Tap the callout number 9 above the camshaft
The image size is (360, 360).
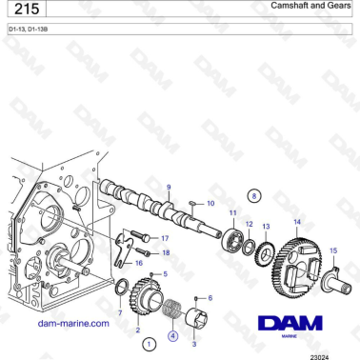pyautogui.click(x=169, y=188)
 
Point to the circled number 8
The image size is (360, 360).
pyautogui.click(x=253, y=194)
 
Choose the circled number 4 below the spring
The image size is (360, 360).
pyautogui.click(x=172, y=335)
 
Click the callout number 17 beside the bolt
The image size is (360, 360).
pyautogui.click(x=165, y=238)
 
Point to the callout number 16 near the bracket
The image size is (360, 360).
pyautogui.click(x=139, y=263)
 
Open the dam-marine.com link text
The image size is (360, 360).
pyautogui.click(x=72, y=323)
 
